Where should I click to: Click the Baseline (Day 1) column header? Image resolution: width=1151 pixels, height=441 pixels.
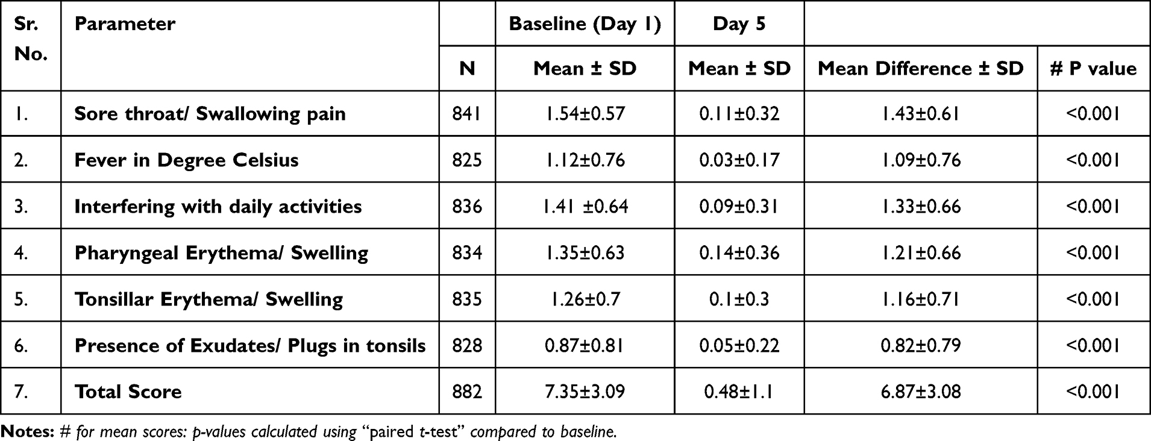(585, 23)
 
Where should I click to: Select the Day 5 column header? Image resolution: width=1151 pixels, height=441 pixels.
(739, 23)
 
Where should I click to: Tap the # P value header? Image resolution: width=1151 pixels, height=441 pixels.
(1093, 69)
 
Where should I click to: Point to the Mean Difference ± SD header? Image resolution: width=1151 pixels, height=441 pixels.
(920, 69)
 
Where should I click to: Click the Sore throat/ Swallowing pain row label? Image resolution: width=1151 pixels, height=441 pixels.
(210, 114)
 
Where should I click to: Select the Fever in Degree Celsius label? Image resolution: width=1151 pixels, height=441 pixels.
(186, 160)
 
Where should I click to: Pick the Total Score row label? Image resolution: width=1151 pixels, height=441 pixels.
(128, 392)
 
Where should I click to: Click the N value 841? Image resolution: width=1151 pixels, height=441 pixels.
(467, 114)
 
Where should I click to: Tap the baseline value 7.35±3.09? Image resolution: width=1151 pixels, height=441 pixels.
(585, 392)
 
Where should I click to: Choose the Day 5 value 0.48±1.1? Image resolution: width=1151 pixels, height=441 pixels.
(739, 392)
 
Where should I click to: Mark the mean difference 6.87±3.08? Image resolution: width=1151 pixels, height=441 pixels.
(920, 392)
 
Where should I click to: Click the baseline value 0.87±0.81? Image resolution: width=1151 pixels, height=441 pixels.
(585, 345)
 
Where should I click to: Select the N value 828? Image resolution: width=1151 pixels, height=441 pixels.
(467, 345)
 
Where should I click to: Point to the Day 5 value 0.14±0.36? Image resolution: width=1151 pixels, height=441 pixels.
(739, 252)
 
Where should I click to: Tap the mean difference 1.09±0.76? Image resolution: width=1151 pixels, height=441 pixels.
(920, 160)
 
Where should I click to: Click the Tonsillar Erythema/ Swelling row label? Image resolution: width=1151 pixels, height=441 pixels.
(209, 299)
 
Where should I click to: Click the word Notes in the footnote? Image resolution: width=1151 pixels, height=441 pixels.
(28, 431)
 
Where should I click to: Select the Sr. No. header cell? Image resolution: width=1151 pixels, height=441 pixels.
(30, 39)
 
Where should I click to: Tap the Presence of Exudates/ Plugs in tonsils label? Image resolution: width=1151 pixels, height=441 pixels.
(250, 346)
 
